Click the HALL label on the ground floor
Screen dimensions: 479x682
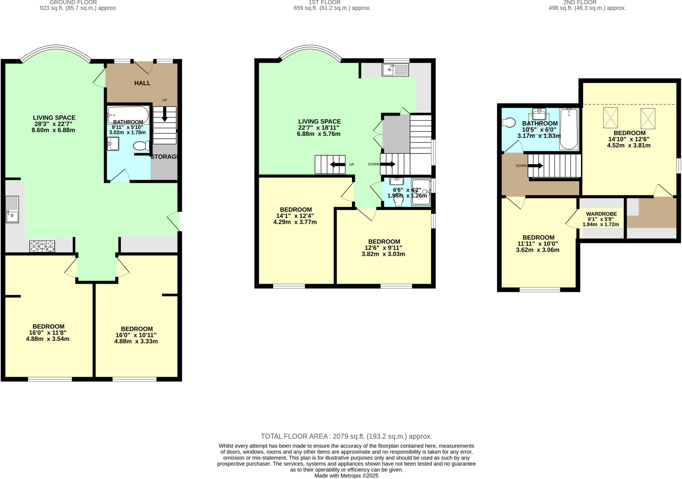(x=142, y=83)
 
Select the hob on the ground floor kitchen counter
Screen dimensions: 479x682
(x=42, y=246)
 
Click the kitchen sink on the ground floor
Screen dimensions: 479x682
(x=12, y=209)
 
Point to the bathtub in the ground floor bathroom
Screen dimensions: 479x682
(x=128, y=115)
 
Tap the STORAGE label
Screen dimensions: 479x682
(x=164, y=157)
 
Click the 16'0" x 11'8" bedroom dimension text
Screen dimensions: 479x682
(x=48, y=333)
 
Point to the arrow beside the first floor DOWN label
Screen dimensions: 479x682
(x=388, y=164)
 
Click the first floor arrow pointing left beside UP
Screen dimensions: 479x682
(x=337, y=164)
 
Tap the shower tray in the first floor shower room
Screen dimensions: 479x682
(x=421, y=192)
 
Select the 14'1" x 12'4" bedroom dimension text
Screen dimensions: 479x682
(x=295, y=216)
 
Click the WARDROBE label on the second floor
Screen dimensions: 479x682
(x=601, y=214)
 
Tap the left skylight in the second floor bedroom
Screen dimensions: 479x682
(x=610, y=118)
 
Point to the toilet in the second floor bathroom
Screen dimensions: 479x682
(x=509, y=123)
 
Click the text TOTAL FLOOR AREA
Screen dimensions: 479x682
(x=295, y=436)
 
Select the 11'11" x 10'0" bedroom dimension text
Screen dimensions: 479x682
(x=538, y=244)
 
